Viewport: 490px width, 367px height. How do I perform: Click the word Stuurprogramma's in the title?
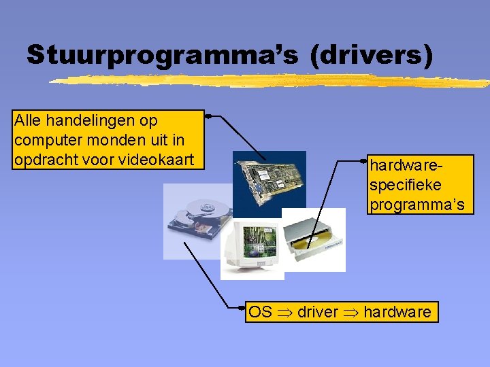click(x=162, y=55)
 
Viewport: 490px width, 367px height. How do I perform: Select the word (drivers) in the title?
click(x=371, y=55)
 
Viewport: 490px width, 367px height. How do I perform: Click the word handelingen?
click(x=87, y=121)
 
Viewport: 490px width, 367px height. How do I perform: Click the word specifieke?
click(x=404, y=185)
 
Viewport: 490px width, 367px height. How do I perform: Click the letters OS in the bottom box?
click(x=260, y=312)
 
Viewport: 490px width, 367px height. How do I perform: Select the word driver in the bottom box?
click(x=317, y=312)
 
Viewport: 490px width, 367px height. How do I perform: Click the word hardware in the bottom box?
click(x=397, y=312)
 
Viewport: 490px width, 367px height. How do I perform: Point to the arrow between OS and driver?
click(x=284, y=313)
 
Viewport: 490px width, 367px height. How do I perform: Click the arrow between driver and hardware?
click(x=350, y=313)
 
